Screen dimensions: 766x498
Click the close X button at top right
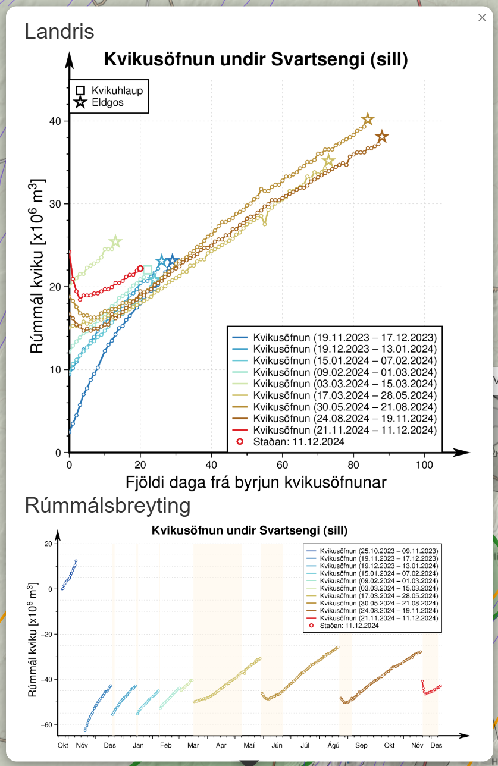coord(482,18)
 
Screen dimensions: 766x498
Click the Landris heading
coord(59,32)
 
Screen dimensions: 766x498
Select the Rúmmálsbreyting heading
coord(108,506)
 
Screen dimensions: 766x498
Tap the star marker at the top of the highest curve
coord(368,120)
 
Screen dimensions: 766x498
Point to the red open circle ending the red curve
coord(140,269)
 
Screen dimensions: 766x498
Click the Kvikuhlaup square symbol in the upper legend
coord(80,91)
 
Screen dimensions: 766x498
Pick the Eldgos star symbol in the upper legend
coord(80,103)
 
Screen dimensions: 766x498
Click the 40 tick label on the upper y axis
coord(56,121)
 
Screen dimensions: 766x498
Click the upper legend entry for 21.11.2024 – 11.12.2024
coord(345,430)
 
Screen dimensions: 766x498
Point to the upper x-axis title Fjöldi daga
coord(256,482)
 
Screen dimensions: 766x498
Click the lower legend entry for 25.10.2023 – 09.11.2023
coord(379,551)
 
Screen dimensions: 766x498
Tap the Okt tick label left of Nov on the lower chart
coord(62,745)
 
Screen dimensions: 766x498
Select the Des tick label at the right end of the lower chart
coord(436,745)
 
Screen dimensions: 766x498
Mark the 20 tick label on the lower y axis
coord(48,544)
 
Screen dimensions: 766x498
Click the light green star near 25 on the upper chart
coord(115,241)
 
